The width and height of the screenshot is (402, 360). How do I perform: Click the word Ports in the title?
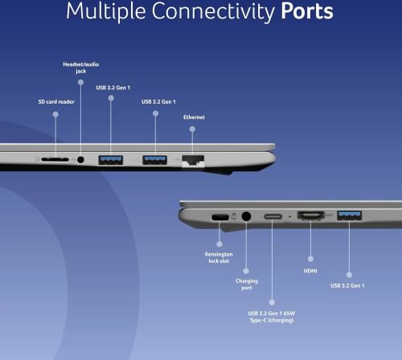(x=307, y=11)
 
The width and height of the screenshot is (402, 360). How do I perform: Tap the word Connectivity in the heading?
(x=213, y=12)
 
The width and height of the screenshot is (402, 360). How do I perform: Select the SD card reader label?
(x=56, y=102)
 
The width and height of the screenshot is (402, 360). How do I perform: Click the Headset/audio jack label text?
(x=81, y=67)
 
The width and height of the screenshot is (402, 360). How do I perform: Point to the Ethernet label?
(x=194, y=117)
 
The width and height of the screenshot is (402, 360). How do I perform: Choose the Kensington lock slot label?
(x=219, y=257)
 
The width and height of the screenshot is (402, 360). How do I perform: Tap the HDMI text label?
(x=310, y=271)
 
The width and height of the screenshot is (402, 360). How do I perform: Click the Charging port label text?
(x=247, y=284)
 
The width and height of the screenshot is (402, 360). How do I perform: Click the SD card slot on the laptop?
(x=55, y=159)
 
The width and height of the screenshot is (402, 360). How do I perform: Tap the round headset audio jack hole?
(x=80, y=160)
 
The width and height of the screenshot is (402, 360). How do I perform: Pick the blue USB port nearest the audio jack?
(x=111, y=160)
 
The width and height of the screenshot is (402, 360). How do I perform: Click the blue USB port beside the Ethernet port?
(x=155, y=160)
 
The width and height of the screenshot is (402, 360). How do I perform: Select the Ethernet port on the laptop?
(x=193, y=161)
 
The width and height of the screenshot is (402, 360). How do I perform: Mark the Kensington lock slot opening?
(x=220, y=217)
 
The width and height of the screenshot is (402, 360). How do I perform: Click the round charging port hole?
(x=246, y=216)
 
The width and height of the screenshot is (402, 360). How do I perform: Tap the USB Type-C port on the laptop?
(x=273, y=216)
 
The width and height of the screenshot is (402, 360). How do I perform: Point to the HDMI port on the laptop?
(x=311, y=215)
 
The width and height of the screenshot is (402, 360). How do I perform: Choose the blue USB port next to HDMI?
(x=350, y=215)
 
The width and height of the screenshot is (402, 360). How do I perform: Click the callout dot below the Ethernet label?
(x=192, y=129)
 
